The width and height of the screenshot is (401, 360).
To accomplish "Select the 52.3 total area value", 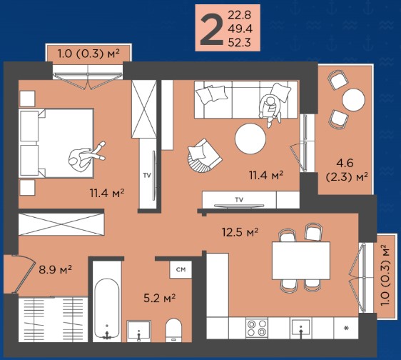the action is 239,42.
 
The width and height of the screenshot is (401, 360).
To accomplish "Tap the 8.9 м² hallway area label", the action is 55,269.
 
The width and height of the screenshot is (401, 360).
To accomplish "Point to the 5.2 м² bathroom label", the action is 159,298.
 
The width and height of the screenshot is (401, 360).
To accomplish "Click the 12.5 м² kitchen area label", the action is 240,232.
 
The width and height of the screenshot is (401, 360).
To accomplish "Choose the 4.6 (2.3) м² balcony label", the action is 347,170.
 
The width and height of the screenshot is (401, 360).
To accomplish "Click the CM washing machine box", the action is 181,269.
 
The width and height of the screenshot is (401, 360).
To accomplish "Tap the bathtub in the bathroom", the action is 106,309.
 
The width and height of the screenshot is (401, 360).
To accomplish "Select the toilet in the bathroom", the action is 173,330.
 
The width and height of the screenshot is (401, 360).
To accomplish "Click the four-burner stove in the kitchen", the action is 257,328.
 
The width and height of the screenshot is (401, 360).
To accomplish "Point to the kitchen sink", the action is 301,328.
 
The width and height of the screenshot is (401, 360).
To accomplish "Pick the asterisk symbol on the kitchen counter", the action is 347,328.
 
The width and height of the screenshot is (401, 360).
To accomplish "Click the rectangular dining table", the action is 301,261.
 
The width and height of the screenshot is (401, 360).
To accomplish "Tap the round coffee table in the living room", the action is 250,139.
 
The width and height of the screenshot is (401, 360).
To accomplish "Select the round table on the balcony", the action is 354,99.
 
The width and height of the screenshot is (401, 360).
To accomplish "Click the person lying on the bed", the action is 86,156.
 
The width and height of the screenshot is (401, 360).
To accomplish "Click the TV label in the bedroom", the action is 147,176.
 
